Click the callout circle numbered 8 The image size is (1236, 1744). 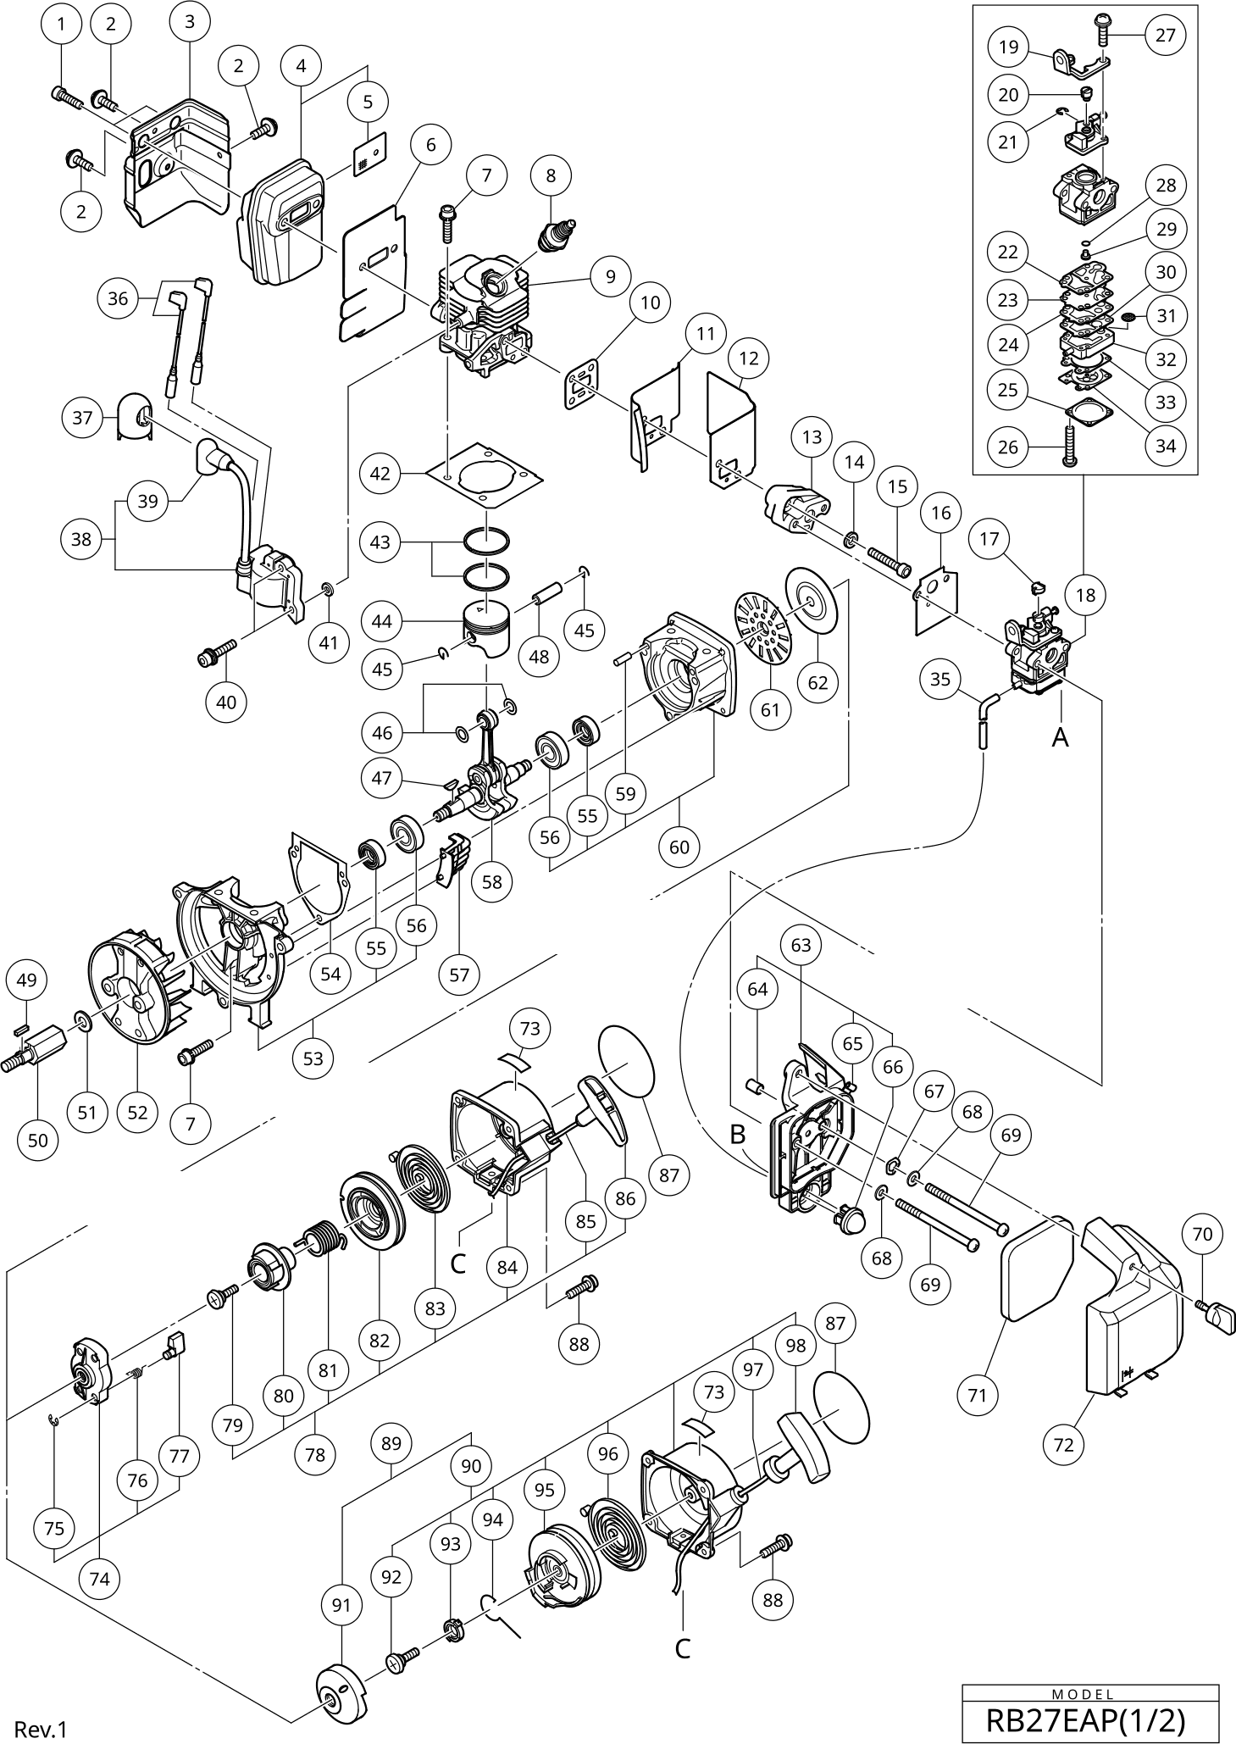(551, 175)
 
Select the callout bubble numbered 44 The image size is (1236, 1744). (382, 621)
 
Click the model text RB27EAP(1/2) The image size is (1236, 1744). (1090, 1719)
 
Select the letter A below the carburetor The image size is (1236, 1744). (1060, 738)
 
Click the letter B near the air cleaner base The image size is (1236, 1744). (738, 1133)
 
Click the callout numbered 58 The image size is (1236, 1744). (492, 881)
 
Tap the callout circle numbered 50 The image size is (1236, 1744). (38, 1140)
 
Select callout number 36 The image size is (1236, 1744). (119, 298)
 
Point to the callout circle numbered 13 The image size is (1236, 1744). (812, 437)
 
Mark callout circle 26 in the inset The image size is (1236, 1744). (1008, 447)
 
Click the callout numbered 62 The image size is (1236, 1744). (818, 682)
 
